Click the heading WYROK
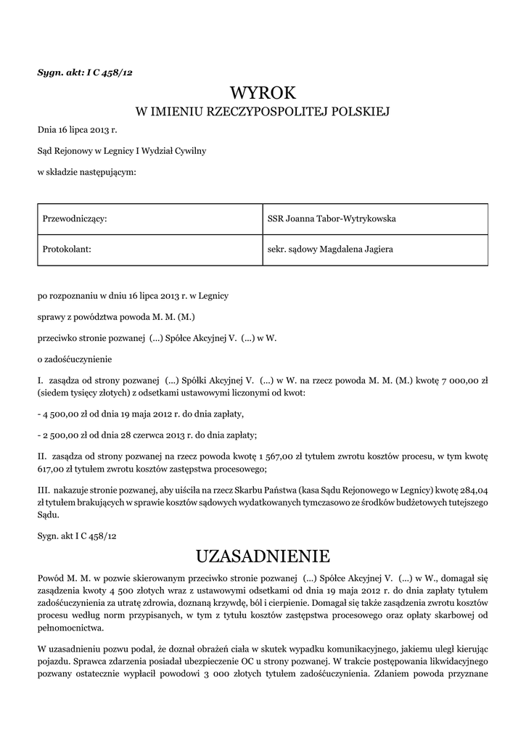pyautogui.click(x=263, y=93)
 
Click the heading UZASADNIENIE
pyautogui.click(x=263, y=557)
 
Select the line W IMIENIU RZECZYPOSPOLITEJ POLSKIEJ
pyautogui.click(x=263, y=112)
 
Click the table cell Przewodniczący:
pyautogui.click(x=75, y=218)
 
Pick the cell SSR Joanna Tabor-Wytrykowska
pyautogui.click(x=332, y=218)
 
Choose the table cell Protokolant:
pyautogui.click(x=67, y=249)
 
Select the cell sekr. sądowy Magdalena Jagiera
pyautogui.click(x=330, y=249)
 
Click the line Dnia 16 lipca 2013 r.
pyautogui.click(x=77, y=131)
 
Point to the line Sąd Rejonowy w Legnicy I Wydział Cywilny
pyautogui.click(x=122, y=151)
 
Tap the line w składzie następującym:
pyautogui.click(x=86, y=171)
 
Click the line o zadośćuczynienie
pyautogui.click(x=75, y=358)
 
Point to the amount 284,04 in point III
pyautogui.click(x=473, y=489)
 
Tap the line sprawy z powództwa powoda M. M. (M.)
pyautogui.click(x=117, y=316)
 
